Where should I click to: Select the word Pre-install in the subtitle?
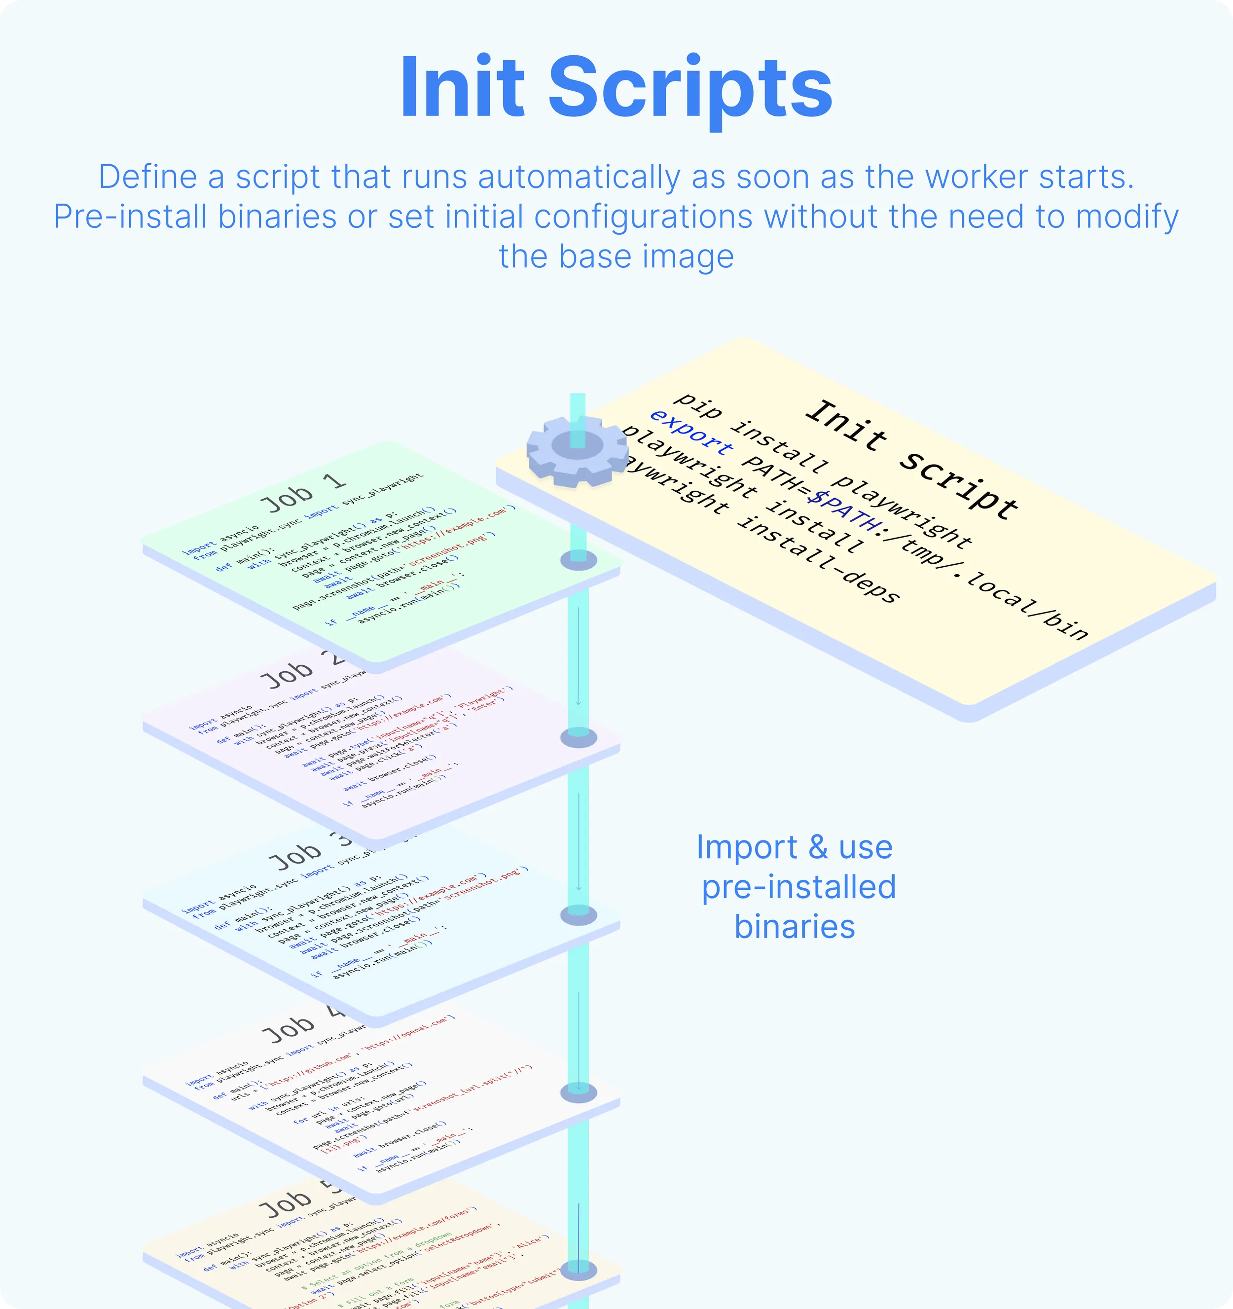pyautogui.click(x=130, y=217)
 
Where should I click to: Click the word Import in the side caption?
pyautogui.click(x=747, y=847)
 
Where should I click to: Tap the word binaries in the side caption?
pyautogui.click(x=795, y=926)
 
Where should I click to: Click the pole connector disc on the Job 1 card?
pyautogui.click(x=579, y=561)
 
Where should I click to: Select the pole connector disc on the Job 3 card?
pyautogui.click(x=579, y=914)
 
